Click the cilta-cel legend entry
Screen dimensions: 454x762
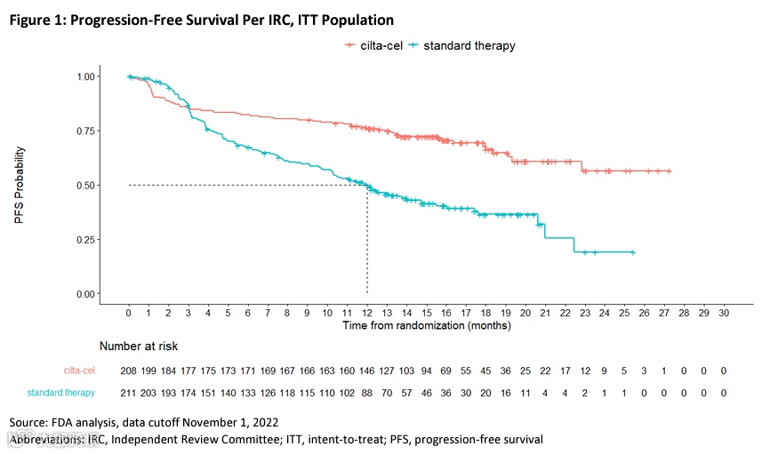point(378,45)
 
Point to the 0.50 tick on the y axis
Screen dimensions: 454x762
point(85,185)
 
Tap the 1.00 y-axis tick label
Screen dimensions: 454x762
point(85,76)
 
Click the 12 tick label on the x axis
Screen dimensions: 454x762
point(367,314)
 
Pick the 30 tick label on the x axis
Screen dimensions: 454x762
point(724,314)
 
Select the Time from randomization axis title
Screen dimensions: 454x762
point(427,326)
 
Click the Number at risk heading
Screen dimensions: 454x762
point(144,346)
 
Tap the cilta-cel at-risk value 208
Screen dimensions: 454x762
point(129,370)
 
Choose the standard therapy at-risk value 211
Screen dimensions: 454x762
point(129,392)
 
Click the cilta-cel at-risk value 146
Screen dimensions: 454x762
point(367,370)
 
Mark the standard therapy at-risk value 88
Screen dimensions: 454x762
point(367,392)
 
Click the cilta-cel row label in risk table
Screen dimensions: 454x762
point(78,370)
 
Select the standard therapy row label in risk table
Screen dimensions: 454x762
point(61,392)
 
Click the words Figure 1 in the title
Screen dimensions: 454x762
point(40,19)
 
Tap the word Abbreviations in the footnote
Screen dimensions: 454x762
point(47,440)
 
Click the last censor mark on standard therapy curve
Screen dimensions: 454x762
point(632,252)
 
